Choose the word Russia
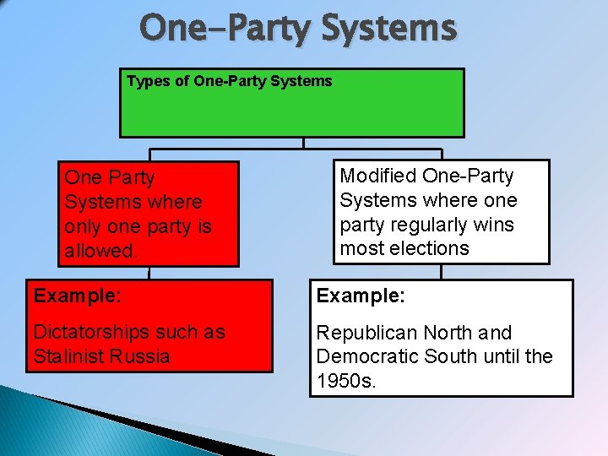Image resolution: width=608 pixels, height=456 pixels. [x=143, y=356]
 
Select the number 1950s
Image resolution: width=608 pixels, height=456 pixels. [x=344, y=381]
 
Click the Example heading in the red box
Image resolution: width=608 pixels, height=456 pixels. [x=77, y=296]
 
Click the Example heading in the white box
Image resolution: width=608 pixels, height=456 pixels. [x=360, y=296]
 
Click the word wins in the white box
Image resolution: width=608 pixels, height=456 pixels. [x=493, y=225]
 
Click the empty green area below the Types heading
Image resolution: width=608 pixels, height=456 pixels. [x=291, y=114]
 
